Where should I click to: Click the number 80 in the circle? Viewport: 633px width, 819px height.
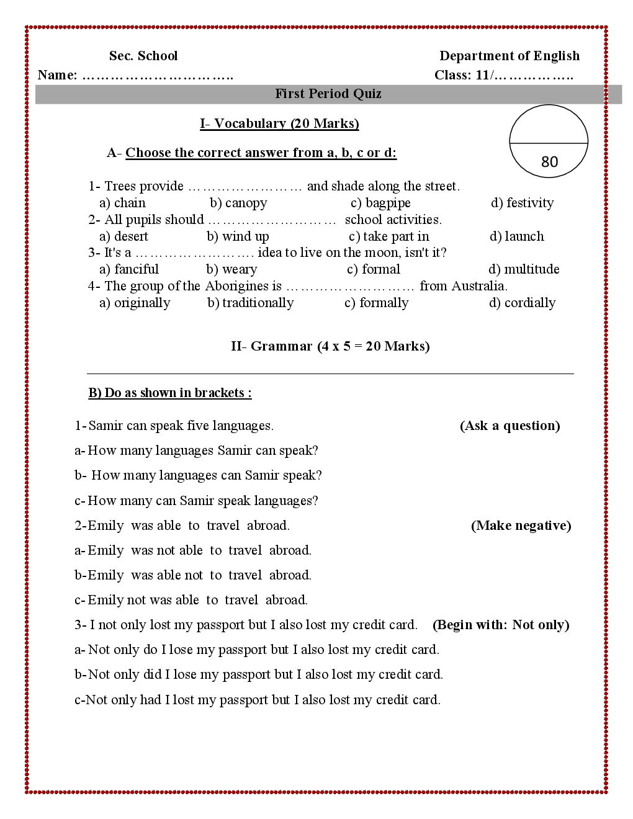[x=549, y=162]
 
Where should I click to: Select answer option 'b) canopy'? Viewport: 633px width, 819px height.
[x=238, y=203]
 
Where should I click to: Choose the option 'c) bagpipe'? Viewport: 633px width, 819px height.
[x=380, y=203]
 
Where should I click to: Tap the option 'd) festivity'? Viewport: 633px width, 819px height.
[x=522, y=203]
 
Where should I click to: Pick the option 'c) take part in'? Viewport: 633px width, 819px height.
[x=388, y=236]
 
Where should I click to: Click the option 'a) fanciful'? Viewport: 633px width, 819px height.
[x=129, y=269]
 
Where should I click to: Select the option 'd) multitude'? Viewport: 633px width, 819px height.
[x=524, y=269]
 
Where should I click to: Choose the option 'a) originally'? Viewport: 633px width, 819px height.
[x=135, y=303]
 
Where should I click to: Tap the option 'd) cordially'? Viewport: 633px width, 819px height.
[x=522, y=303]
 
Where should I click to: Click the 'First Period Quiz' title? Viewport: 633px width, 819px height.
[x=328, y=94]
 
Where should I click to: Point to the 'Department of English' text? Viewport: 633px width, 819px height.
[x=510, y=56]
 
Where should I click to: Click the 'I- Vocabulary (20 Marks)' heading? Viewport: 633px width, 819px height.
[x=279, y=123]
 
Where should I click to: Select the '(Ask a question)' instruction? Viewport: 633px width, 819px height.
[x=510, y=426]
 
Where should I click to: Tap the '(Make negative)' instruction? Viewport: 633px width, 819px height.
[x=521, y=526]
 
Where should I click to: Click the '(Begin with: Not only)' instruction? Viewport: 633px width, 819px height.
[x=501, y=625]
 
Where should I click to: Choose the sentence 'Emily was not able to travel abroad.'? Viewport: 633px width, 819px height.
[x=199, y=550]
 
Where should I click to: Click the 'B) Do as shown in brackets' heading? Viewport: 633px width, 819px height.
[x=170, y=393]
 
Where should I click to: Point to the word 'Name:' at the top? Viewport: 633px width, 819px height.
[x=58, y=75]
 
